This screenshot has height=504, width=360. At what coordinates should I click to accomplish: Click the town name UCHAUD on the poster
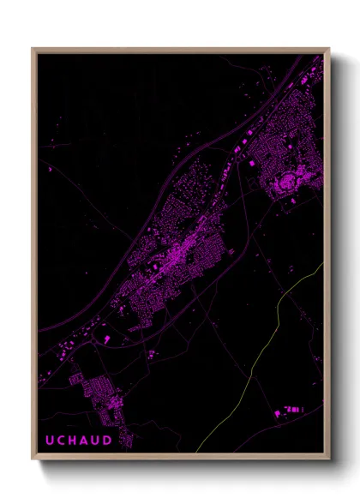coord(78,440)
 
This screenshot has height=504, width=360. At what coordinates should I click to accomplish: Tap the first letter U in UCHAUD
coord(48,440)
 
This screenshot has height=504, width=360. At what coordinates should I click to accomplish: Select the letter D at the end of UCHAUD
coord(109,440)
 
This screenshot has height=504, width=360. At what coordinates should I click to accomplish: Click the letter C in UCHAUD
coord(60,440)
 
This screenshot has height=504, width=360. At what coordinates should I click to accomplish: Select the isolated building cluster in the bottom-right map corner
coord(291,411)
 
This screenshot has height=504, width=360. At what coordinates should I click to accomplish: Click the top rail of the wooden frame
coord(180,50)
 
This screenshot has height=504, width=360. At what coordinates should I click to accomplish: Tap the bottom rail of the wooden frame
coord(180,459)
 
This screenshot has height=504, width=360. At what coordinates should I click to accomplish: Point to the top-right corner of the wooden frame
coord(327,50)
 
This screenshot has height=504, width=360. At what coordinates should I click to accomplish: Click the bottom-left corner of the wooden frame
coord(34,459)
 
